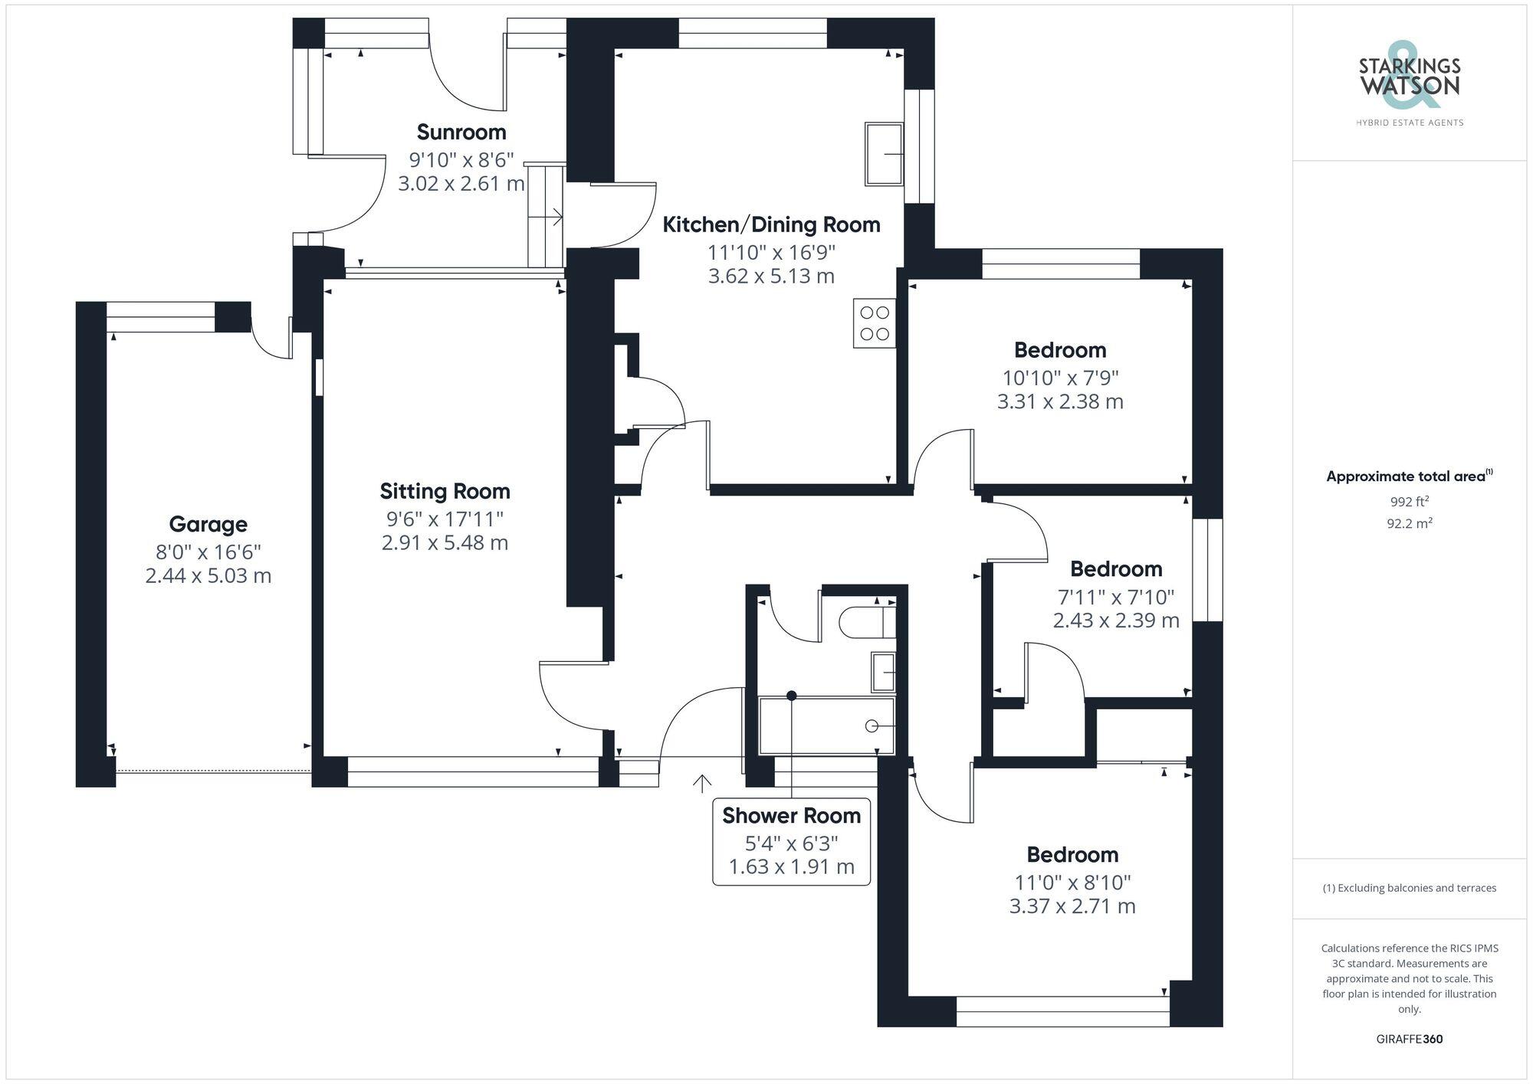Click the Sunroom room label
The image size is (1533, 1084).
tap(461, 133)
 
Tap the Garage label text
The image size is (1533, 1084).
tap(208, 525)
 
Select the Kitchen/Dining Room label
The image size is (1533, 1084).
tap(771, 225)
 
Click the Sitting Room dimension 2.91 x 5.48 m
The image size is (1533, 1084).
tap(445, 543)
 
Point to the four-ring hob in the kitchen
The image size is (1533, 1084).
tap(875, 323)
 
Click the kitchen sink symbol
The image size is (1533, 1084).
tap(885, 154)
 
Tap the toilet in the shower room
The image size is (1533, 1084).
tap(867, 622)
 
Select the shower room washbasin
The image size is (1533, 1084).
tap(884, 671)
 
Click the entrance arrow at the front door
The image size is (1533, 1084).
tap(702, 782)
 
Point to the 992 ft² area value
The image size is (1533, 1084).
tap(1410, 503)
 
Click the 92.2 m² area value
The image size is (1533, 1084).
tap(1410, 524)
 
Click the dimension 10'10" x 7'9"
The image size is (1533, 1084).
tap(1060, 378)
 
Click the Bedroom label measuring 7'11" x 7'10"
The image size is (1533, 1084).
tap(1115, 569)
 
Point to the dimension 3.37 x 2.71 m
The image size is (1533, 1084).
tap(1072, 906)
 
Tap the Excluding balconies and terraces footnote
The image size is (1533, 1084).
tap(1409, 889)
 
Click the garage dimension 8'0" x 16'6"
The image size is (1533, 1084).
tap(208, 552)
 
